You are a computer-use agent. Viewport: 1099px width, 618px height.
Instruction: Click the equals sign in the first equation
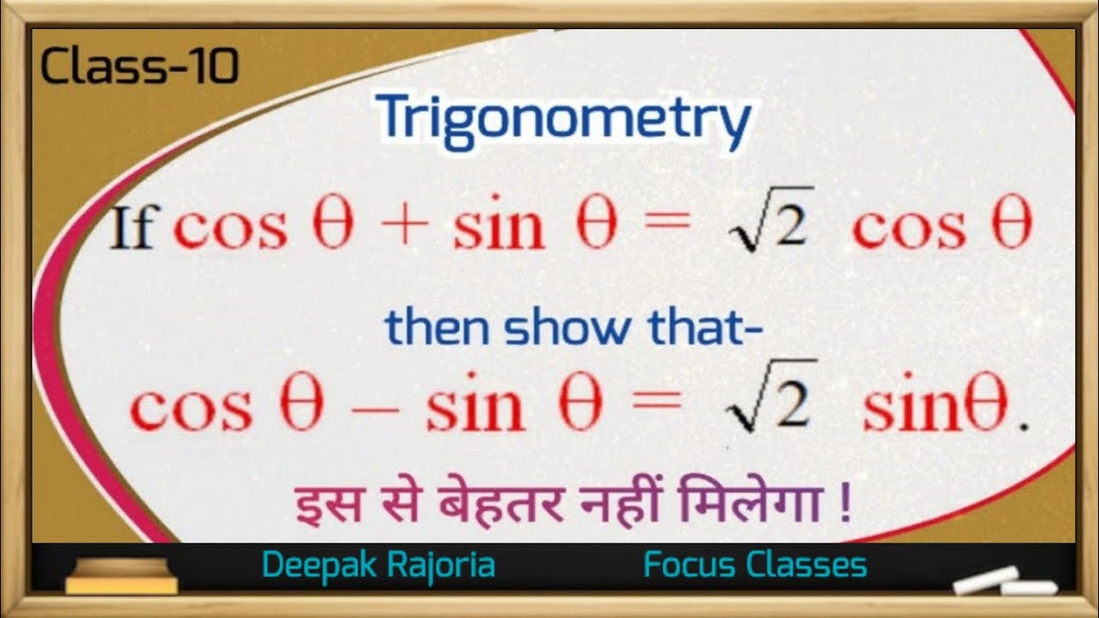pos(665,228)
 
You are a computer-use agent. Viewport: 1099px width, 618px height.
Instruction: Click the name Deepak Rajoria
pos(379,566)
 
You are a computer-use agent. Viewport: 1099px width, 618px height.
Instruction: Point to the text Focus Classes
pos(755,566)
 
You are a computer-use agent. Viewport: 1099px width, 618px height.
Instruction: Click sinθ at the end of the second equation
pos(935,409)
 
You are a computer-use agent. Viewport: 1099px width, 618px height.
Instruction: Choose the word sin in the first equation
pos(499,228)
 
